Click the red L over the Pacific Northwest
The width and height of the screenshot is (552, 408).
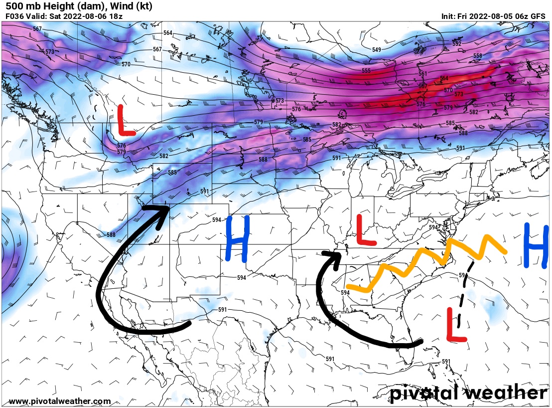pos(125,121)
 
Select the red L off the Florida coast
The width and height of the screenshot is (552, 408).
pos(456,325)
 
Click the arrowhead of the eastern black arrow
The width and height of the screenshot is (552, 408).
pos(333,255)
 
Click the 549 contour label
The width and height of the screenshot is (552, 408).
pos(376,50)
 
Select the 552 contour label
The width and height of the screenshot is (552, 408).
pos(457,44)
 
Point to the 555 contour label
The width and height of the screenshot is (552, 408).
pos(366,71)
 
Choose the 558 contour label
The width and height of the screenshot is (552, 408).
pos(477,56)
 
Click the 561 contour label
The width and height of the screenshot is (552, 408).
pos(423,74)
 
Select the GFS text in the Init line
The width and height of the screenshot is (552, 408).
pos(538,16)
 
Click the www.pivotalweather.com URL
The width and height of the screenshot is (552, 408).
pos(60,401)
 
